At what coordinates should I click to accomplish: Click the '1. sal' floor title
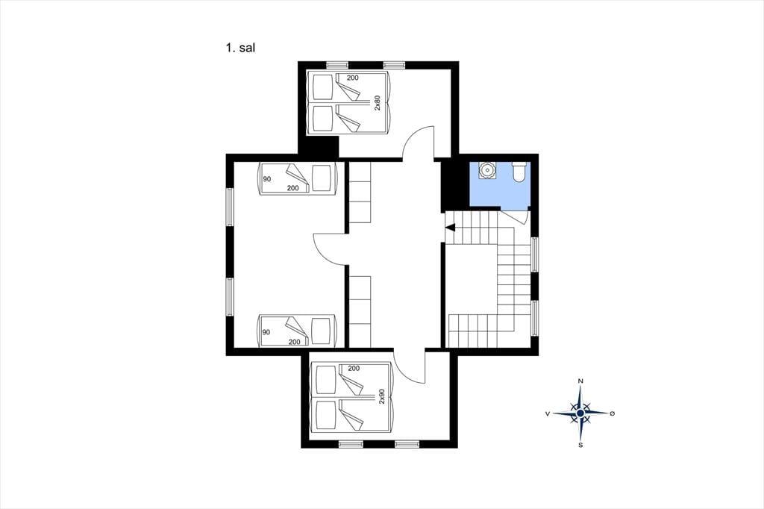point(241,48)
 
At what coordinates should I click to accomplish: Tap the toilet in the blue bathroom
point(519,172)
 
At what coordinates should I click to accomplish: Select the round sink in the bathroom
point(486,170)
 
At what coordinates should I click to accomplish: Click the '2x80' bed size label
point(377,103)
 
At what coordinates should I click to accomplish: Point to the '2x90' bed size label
point(382,396)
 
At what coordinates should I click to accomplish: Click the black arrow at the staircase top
point(450,227)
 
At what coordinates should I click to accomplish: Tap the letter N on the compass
point(580,381)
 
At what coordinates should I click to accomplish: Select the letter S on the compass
point(580,445)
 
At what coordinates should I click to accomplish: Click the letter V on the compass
point(548,413)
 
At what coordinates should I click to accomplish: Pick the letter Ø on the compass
point(613,413)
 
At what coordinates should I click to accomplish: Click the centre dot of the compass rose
point(580,413)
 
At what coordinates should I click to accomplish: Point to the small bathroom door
point(516,216)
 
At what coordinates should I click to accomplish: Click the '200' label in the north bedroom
point(352,78)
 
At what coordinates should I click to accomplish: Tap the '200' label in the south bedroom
point(354,368)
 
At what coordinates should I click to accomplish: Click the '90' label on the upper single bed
point(266,179)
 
